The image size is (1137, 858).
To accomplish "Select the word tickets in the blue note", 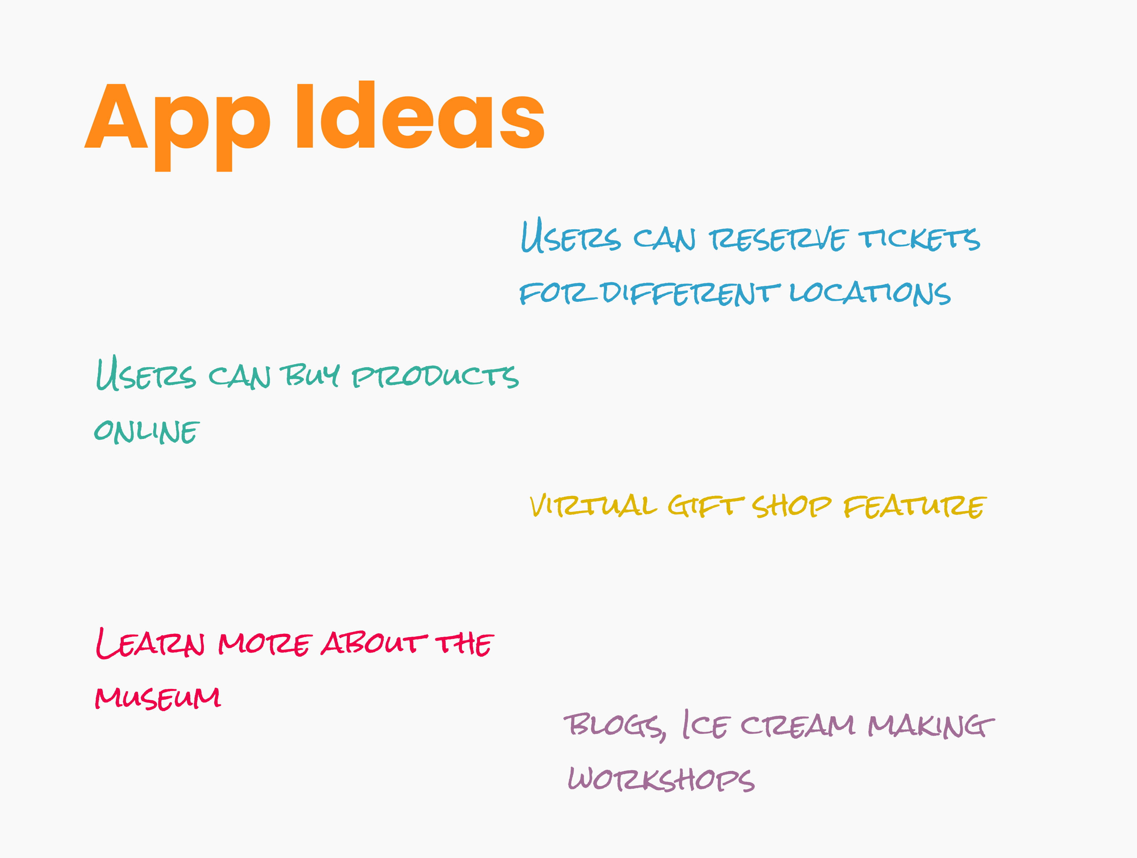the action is coord(919,239).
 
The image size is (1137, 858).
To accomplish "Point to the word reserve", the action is coord(778,239).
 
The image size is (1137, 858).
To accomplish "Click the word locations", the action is coord(870,293).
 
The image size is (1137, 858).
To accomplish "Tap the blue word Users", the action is coord(571,235).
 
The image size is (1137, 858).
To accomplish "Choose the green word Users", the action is coord(146,373).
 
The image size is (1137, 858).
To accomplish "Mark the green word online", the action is coord(146,431).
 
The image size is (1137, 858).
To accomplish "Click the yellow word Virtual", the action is coord(593,505).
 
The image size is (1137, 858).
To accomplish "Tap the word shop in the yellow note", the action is coord(791,506).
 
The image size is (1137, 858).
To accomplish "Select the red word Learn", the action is coord(150,643).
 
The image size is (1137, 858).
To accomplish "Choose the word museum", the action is coord(158,698).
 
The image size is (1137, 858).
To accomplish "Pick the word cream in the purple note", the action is coord(798,726).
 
